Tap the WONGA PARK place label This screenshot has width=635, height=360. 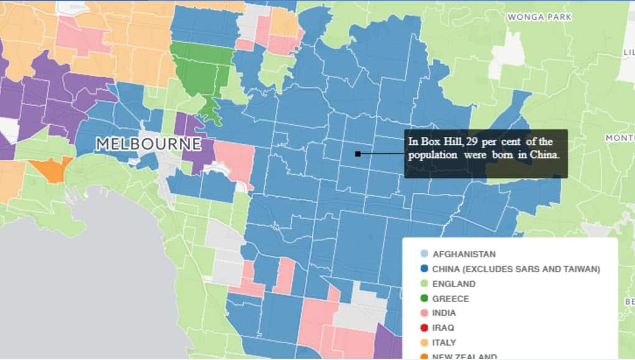(540, 17)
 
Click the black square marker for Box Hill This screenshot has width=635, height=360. (358, 154)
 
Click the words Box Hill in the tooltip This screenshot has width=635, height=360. (434, 142)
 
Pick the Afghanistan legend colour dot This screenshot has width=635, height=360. (424, 254)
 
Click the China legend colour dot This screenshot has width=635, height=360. (424, 269)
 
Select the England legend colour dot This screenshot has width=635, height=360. (424, 284)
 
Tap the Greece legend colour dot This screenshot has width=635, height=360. (424, 299)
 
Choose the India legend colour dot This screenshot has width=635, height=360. (424, 313)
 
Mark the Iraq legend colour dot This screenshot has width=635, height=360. (424, 328)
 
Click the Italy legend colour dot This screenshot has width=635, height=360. (424, 343)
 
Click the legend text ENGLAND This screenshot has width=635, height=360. (454, 284)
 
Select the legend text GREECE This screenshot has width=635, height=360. (451, 299)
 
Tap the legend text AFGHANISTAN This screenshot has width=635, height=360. (464, 254)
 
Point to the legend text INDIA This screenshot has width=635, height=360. (444, 313)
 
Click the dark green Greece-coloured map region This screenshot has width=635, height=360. (200, 72)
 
